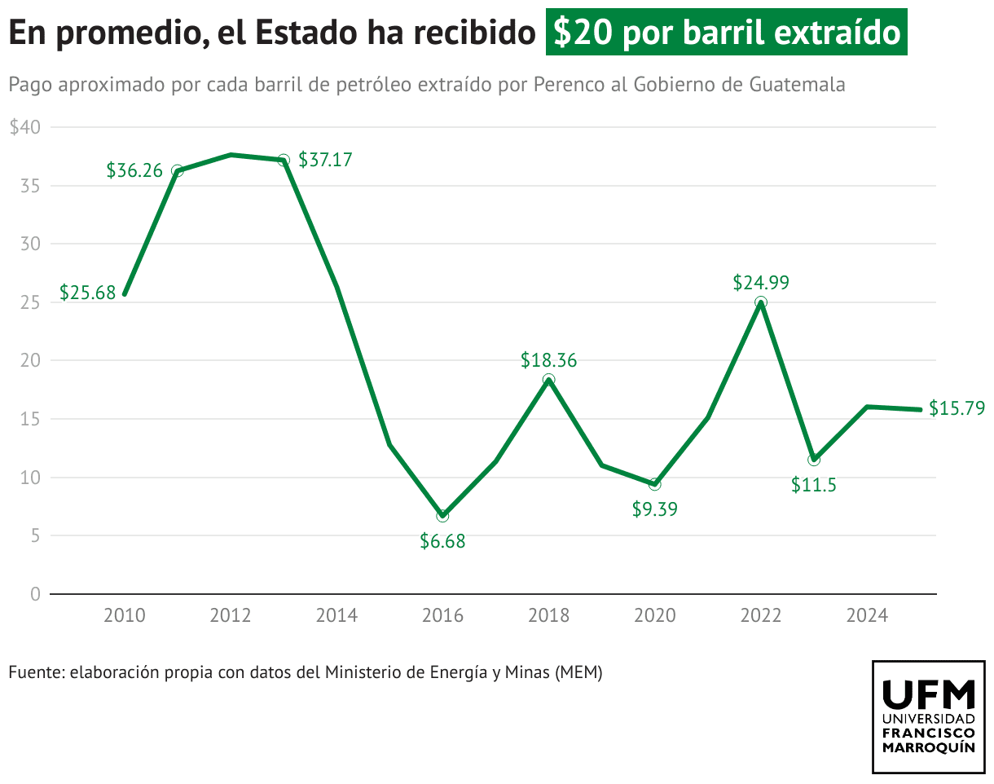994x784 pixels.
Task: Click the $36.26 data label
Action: tap(134, 170)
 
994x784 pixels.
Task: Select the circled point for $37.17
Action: tap(283, 160)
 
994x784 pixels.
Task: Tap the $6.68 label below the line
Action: tap(442, 540)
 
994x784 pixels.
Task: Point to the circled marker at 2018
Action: tap(548, 380)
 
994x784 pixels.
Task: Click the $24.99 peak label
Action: tap(760, 283)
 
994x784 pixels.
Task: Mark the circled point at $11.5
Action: tap(813, 460)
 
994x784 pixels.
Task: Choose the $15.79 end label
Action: tap(957, 407)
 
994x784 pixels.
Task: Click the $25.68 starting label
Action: tap(87, 293)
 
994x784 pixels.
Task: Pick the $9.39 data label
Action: tap(654, 509)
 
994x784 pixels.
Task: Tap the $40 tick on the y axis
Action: tap(24, 127)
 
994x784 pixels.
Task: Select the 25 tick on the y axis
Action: tap(30, 302)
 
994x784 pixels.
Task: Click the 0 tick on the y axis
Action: tap(35, 594)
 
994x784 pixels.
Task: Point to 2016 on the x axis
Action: tap(442, 615)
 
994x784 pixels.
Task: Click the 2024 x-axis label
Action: tap(866, 615)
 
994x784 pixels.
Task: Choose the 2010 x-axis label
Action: tap(125, 615)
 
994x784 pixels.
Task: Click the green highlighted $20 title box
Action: tap(726, 33)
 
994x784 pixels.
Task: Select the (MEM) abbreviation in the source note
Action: tap(578, 672)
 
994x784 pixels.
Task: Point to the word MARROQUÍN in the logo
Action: tap(928, 747)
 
